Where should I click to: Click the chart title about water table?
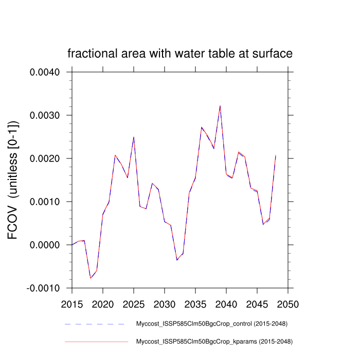click(180, 53)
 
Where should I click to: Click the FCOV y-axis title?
click(14, 180)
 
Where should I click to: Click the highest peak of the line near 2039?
click(220, 106)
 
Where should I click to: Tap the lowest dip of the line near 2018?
click(91, 278)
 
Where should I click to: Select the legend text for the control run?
click(211, 324)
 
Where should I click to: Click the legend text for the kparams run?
click(214, 341)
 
